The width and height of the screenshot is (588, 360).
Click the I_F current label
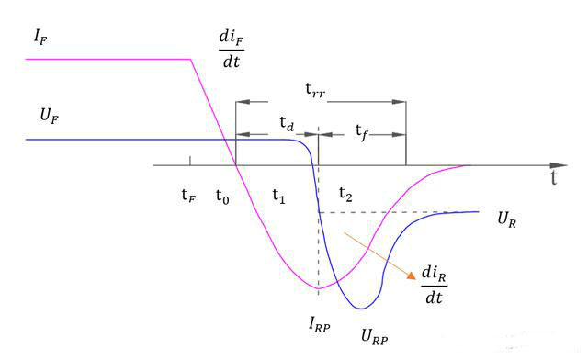40,37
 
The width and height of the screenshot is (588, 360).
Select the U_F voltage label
50,116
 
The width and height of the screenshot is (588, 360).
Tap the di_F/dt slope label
232,49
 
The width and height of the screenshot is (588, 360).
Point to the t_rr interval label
315,90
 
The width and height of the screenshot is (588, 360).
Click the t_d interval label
287,123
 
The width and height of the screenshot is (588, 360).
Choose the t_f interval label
362,132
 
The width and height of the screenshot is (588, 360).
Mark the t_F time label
188,195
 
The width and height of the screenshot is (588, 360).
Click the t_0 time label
222,197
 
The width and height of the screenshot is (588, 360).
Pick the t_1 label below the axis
278,196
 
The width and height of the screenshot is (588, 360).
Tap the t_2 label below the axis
345,195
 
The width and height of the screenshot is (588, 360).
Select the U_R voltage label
507,219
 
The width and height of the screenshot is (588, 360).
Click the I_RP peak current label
320,324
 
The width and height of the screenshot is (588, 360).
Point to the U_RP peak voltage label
374,335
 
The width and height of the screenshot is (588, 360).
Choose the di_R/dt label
435,285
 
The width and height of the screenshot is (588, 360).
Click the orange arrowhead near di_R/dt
412,276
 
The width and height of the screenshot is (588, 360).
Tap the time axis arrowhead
559,165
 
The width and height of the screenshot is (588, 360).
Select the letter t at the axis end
553,178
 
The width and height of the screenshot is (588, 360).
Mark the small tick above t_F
190,161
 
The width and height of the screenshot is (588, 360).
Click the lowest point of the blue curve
361,309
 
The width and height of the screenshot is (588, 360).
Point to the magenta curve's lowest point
319,288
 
